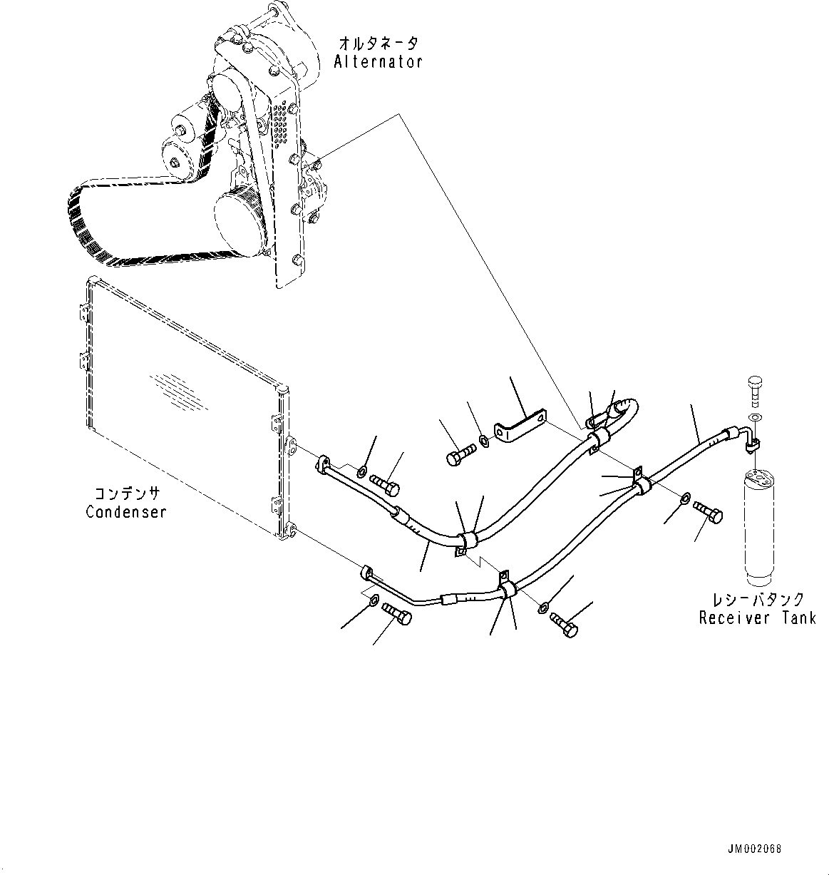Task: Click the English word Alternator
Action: coord(378,62)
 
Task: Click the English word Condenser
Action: coord(126,512)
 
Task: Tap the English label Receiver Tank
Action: coord(757,618)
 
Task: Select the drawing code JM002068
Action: coord(754,849)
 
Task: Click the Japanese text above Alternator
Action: coord(378,44)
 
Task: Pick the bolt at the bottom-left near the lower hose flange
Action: coord(397,613)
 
